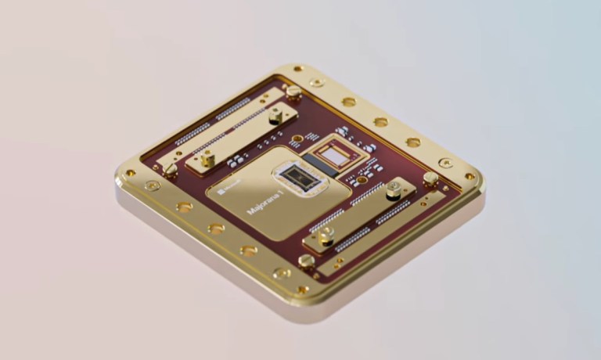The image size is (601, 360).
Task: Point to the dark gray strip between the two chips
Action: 314,164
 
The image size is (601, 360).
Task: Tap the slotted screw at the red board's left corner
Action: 171,167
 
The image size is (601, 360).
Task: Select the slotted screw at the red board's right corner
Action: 430,178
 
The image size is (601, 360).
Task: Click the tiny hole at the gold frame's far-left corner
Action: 130,174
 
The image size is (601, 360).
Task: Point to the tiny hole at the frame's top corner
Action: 298,69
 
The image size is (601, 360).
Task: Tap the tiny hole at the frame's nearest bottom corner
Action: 302,290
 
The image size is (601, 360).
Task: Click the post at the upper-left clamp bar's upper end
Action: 275,115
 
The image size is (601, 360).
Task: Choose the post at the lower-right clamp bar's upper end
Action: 394,189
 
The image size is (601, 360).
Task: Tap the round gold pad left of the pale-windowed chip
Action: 297,141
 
